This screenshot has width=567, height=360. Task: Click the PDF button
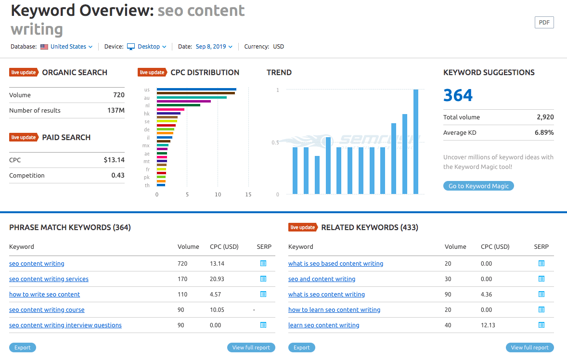[544, 22]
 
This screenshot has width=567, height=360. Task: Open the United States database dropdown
[68, 47]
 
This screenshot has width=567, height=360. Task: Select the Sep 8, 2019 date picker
[214, 47]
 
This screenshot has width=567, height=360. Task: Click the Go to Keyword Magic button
[478, 186]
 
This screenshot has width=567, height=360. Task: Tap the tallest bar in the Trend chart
[416, 141]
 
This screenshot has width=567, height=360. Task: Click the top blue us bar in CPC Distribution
[196, 89]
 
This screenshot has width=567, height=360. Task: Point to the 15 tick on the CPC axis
[248, 194]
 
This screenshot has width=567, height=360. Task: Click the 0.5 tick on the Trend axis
[275, 142]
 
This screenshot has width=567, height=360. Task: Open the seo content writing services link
[49, 279]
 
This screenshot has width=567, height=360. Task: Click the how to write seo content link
[44, 295]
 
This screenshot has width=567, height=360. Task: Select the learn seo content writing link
[323, 325]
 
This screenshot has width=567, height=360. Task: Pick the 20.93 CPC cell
[217, 279]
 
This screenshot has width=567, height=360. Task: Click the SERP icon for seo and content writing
[541, 279]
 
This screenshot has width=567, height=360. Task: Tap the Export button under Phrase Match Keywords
[23, 347]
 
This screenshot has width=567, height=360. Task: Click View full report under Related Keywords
[529, 347]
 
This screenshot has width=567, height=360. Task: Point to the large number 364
[458, 95]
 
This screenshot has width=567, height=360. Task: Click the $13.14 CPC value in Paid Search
[114, 160]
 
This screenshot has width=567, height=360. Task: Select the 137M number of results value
[116, 111]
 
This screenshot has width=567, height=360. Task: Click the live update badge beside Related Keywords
[303, 227]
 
